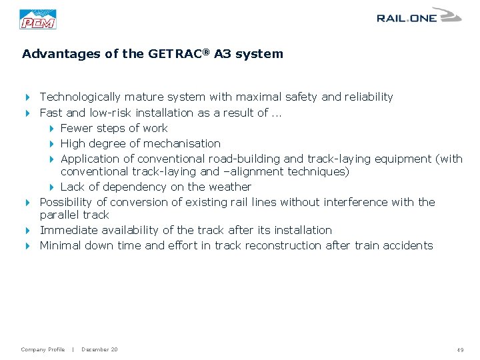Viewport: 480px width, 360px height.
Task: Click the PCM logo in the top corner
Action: [38, 19]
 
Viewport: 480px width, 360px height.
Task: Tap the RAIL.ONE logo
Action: [418, 17]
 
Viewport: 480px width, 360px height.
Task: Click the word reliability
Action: [369, 97]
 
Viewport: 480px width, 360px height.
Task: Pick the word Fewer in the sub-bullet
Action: [77, 128]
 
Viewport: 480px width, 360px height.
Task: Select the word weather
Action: [230, 187]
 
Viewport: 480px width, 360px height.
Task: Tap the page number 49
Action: [460, 350]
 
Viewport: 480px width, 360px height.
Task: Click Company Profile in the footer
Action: [43, 349]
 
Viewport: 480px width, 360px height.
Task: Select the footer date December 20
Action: [99, 349]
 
